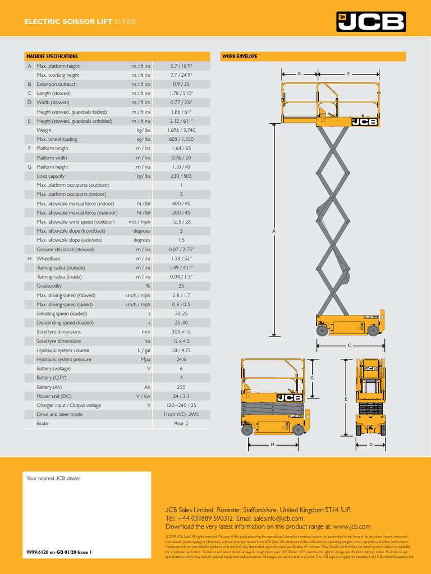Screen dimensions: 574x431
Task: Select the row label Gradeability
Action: coord(50,286)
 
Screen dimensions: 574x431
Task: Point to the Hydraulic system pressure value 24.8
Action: coord(181,359)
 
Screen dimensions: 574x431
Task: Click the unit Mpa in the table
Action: coord(145,359)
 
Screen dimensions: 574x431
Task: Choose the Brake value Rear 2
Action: coord(181,424)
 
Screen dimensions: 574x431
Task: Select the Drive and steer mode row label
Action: coord(59,414)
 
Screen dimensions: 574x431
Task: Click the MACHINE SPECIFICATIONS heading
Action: coord(52,57)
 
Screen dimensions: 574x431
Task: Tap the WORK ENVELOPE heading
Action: coord(240,57)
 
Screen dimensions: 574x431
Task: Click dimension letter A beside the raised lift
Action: coord(274,230)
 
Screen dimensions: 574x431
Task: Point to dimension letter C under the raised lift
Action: coord(349,345)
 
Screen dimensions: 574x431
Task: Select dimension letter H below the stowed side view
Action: coord(272,445)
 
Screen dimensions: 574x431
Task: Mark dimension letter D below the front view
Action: coord(370,445)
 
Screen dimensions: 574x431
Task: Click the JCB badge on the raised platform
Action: coord(364,122)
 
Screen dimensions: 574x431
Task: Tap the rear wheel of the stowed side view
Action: coord(247,430)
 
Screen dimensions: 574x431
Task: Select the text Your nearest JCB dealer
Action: coord(54,478)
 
